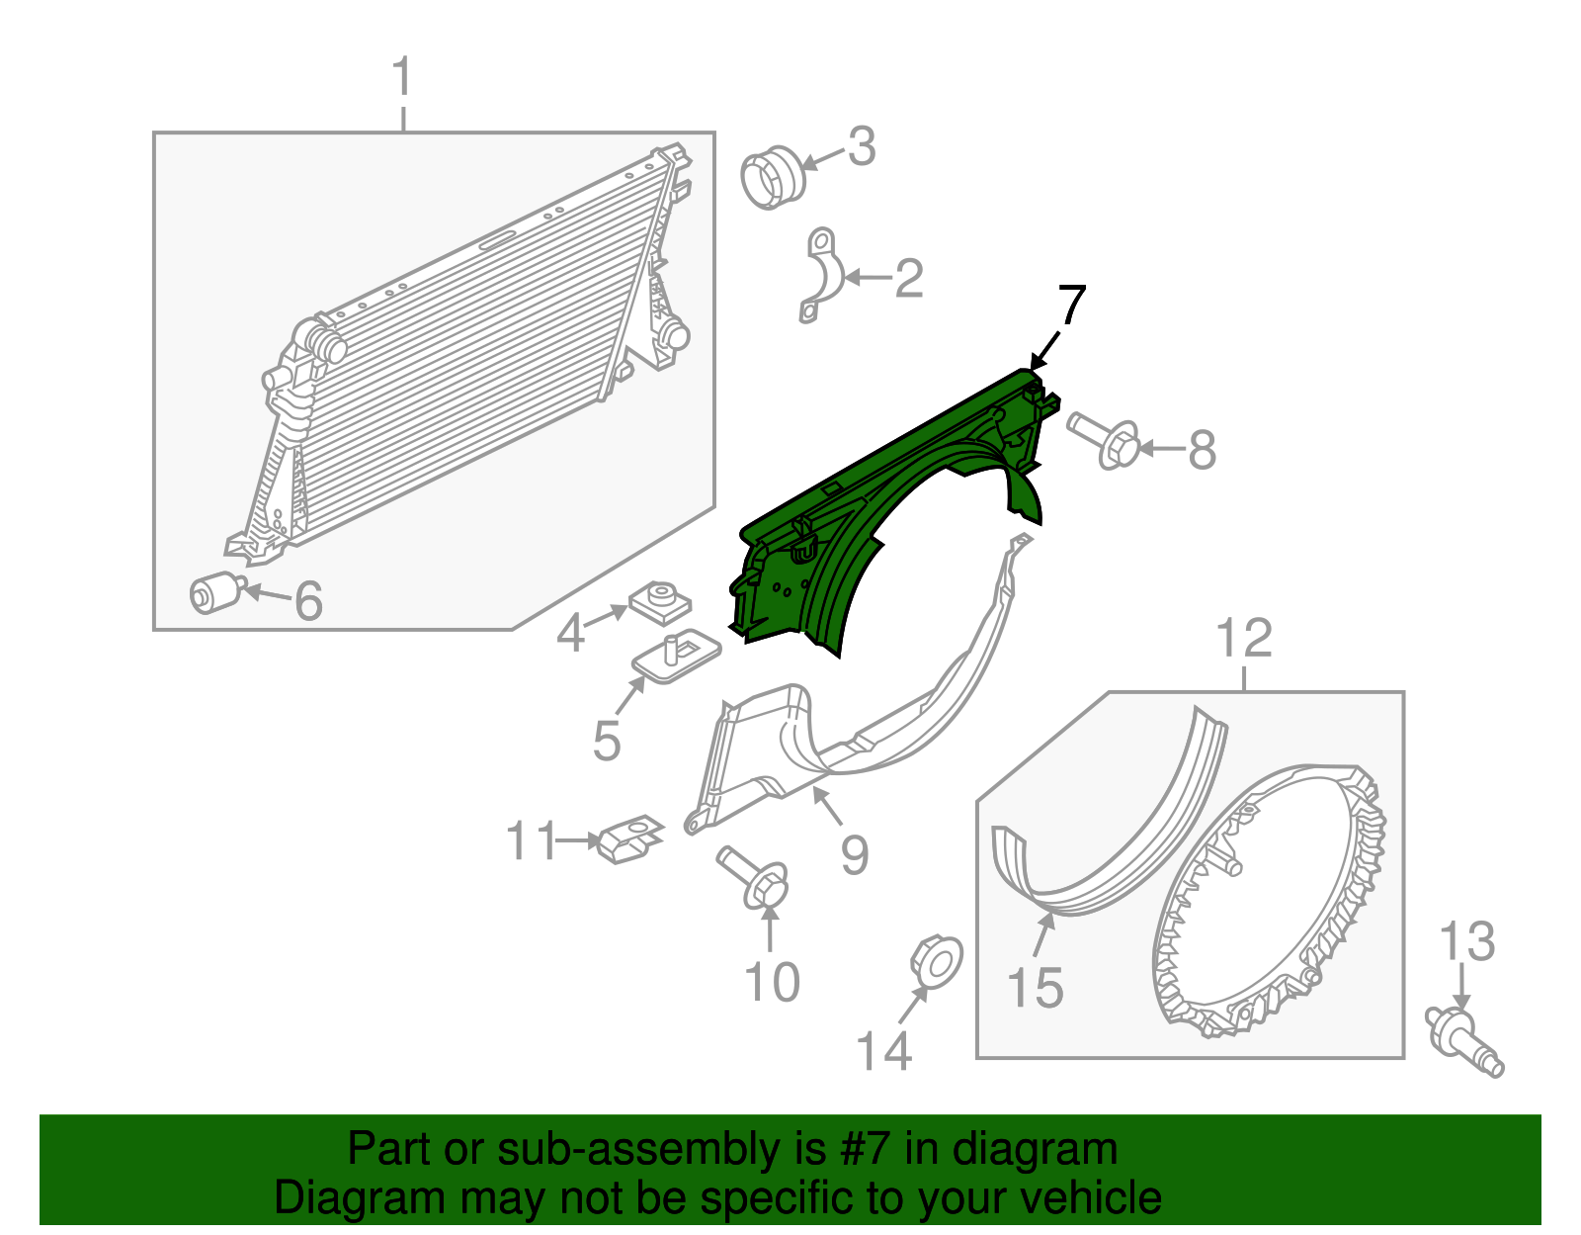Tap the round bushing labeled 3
[773, 178]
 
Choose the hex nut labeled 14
[935, 961]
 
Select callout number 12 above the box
[1244, 639]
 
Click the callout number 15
[1035, 988]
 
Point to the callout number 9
[854, 853]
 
